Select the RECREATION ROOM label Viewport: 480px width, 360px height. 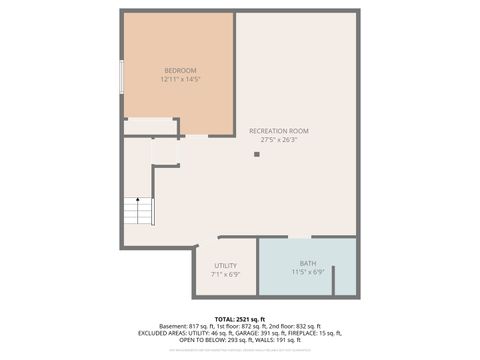tap(279, 131)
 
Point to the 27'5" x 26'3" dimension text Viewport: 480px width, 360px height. tap(279, 140)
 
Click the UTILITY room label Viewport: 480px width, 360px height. tap(225, 265)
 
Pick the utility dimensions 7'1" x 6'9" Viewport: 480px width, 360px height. tap(225, 274)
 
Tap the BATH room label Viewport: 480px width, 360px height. tap(307, 263)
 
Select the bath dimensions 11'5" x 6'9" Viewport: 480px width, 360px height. tap(307, 272)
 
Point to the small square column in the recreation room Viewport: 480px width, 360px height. tap(257, 153)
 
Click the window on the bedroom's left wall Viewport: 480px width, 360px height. tap(122, 77)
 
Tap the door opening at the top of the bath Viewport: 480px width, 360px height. tap(299, 238)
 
